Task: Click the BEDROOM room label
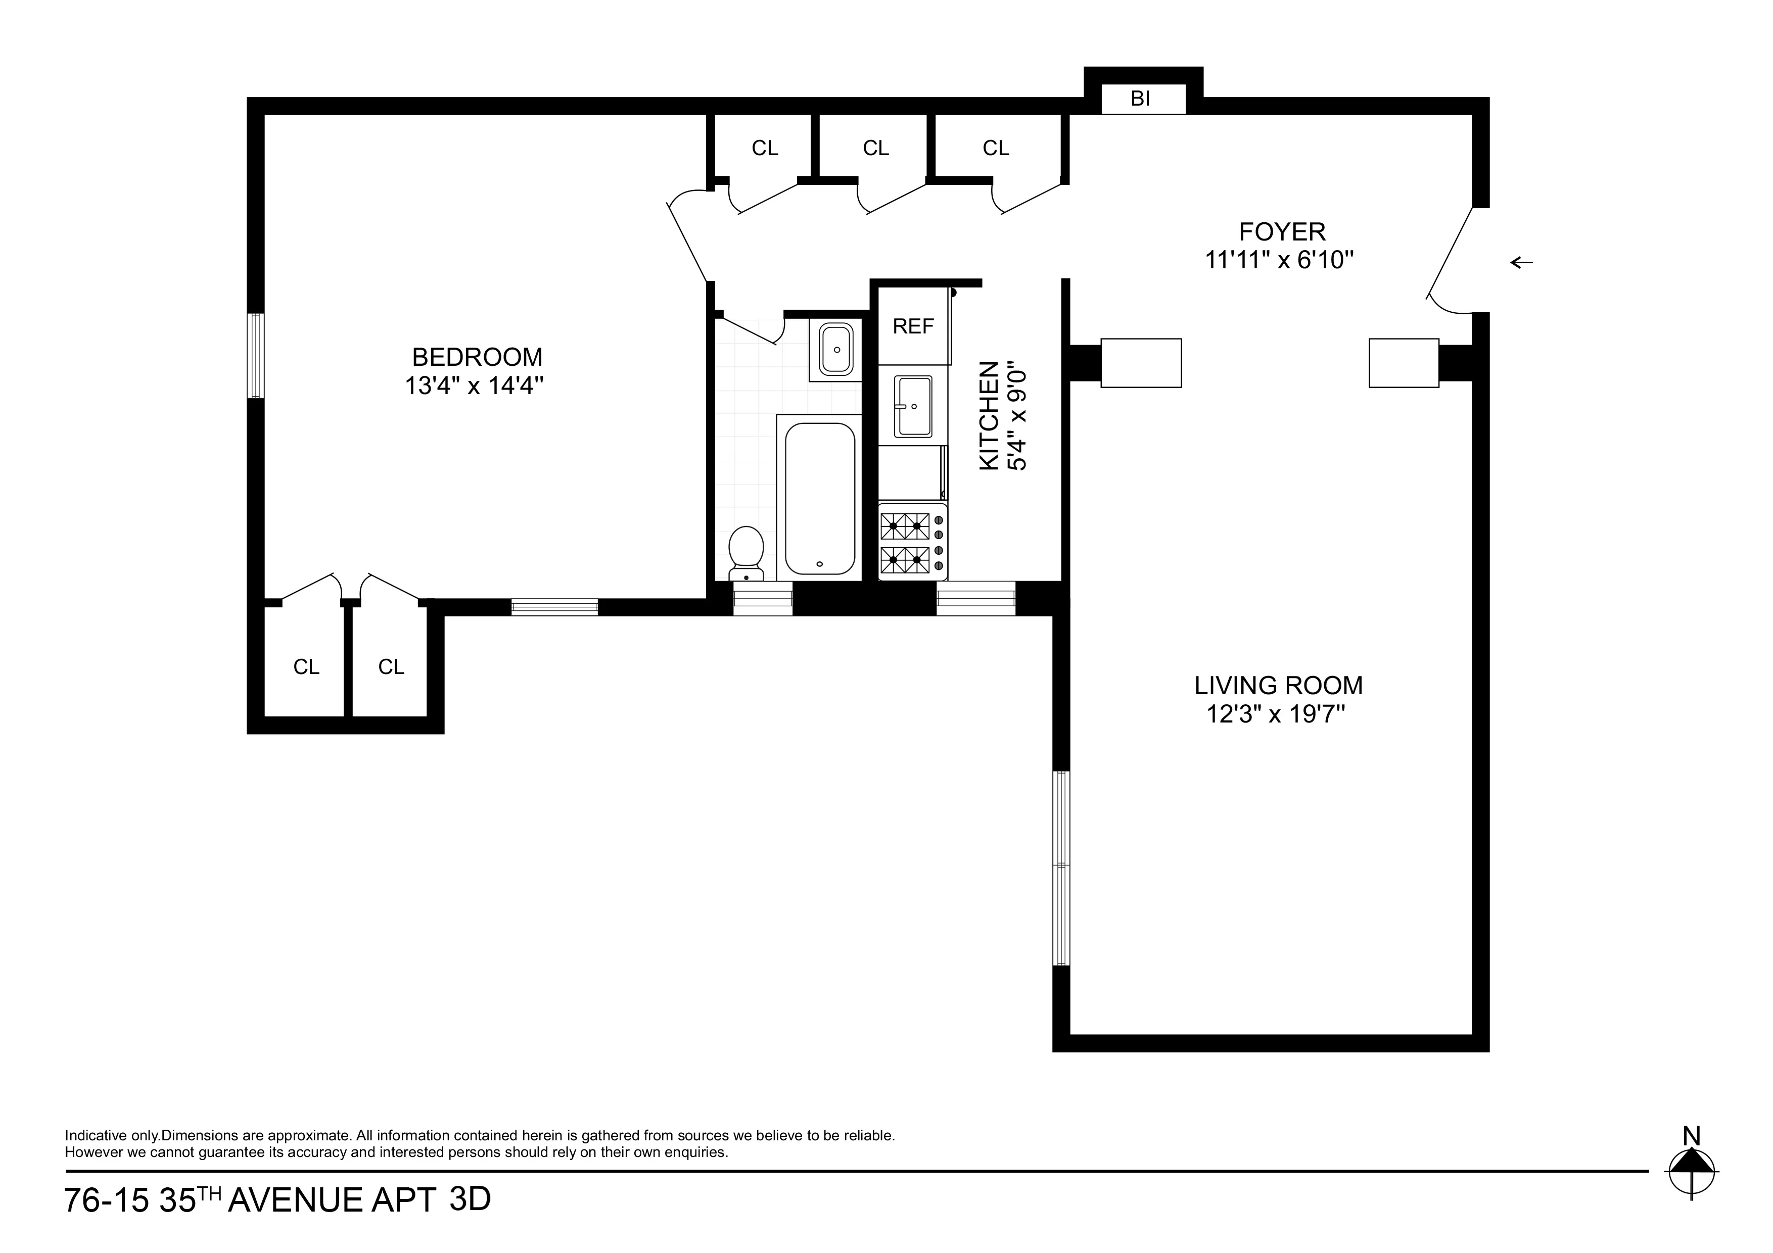[477, 357]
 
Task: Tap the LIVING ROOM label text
[1278, 686]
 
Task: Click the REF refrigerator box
[913, 326]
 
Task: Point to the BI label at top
[1141, 99]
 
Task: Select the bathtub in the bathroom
[819, 498]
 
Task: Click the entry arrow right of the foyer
[1521, 263]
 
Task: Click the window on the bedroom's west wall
[256, 355]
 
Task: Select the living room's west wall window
[1062, 868]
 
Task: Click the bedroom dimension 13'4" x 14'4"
[474, 385]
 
